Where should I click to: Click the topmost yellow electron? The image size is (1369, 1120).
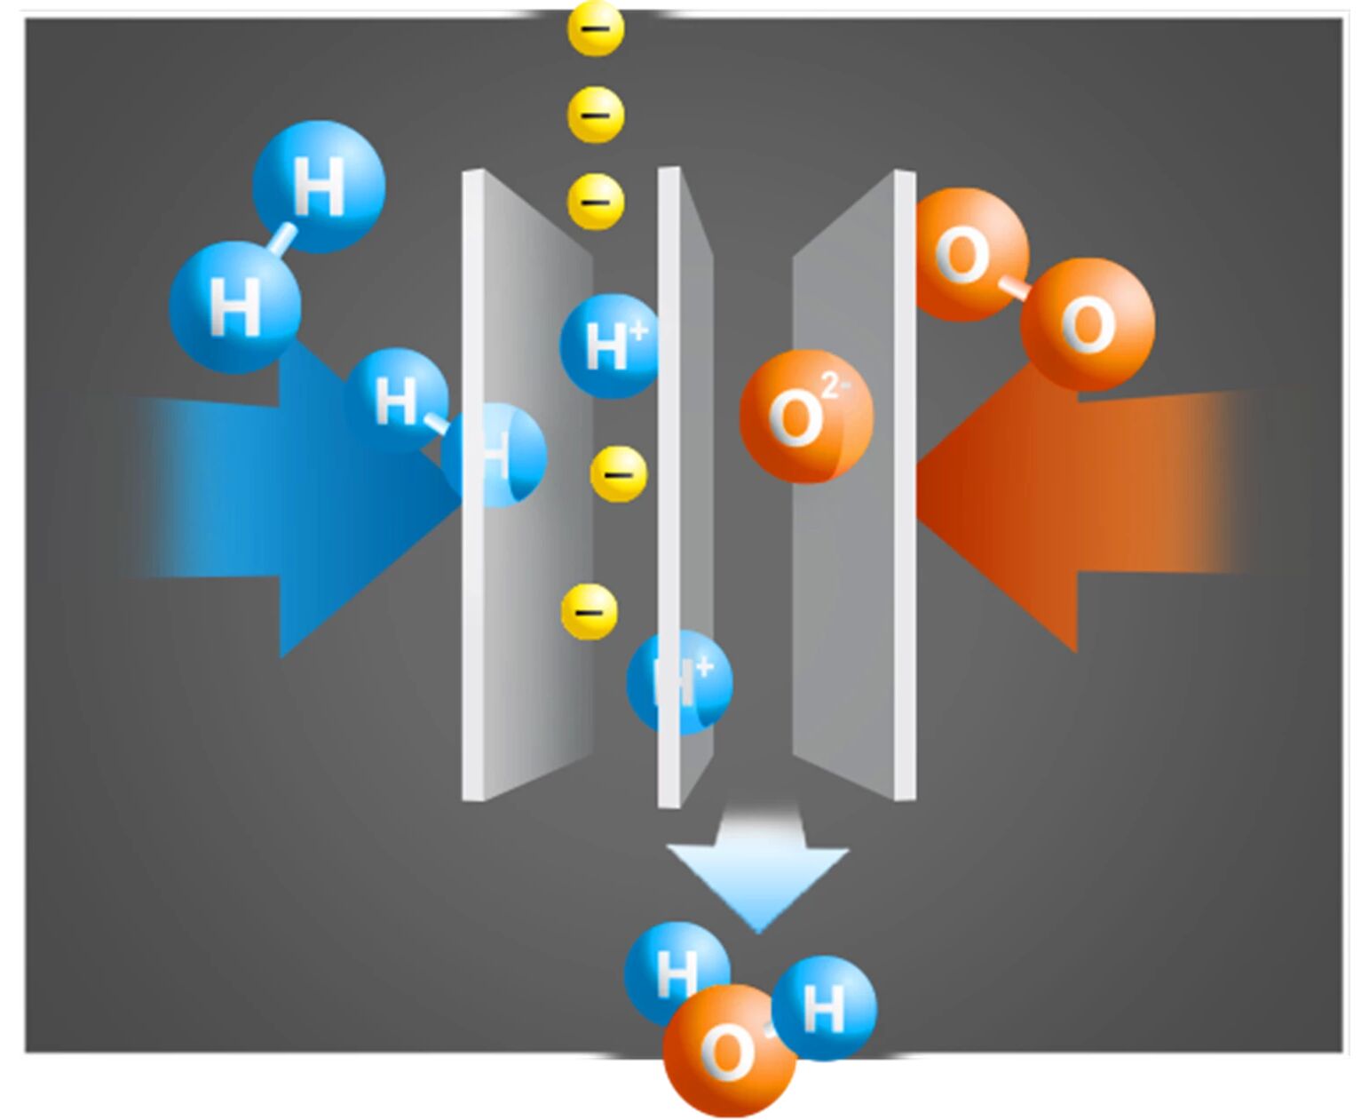(596, 28)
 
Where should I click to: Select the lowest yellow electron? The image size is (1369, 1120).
(590, 612)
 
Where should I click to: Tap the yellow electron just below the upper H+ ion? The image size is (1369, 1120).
(618, 474)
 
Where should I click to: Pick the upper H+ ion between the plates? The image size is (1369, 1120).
(610, 346)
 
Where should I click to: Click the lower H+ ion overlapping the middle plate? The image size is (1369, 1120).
(680, 682)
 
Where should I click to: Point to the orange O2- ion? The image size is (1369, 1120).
(806, 417)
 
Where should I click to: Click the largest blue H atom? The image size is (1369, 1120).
(319, 187)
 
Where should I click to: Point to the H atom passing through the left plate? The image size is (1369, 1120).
(494, 455)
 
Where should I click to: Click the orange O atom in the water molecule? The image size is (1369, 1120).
(730, 1052)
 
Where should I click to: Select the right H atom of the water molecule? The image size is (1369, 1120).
(824, 1008)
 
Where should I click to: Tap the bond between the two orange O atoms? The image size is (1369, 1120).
(1013, 290)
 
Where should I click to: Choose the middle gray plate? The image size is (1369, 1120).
(685, 487)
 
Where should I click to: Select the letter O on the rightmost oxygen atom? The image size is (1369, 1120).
(1088, 325)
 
